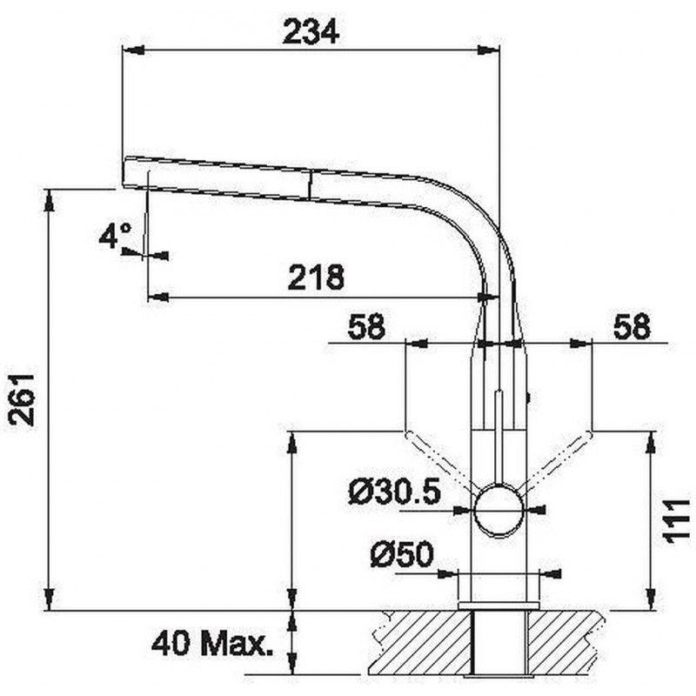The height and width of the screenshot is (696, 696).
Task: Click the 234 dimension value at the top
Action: click(311, 32)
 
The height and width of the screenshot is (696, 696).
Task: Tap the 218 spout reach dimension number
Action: click(316, 277)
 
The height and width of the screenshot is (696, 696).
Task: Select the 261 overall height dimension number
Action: click(23, 400)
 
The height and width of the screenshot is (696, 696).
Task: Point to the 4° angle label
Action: click(116, 235)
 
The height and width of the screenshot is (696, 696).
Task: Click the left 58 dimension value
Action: click(366, 326)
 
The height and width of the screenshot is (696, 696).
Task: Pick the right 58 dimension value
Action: click(632, 326)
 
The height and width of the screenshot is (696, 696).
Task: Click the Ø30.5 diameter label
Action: click(395, 492)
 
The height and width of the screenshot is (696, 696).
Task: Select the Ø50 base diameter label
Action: click(402, 554)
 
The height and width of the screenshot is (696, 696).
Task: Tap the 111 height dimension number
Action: click(677, 520)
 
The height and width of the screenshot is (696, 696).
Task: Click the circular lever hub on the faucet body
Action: click(499, 511)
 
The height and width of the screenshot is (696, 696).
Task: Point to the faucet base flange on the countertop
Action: click(499, 606)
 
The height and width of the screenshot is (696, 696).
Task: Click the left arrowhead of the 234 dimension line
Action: click(133, 50)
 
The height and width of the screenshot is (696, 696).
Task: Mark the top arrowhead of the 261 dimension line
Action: click(50, 200)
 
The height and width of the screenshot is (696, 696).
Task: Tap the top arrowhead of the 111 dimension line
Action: click(651, 442)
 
